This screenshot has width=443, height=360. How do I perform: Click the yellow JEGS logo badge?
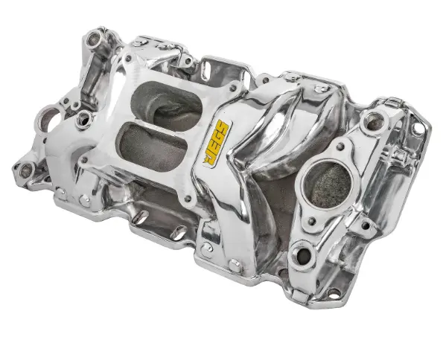[217, 142]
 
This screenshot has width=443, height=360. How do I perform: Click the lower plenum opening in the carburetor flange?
[153, 147]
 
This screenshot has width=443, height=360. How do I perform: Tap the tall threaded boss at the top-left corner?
[95, 39]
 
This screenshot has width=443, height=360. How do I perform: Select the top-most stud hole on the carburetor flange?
[128, 59]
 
